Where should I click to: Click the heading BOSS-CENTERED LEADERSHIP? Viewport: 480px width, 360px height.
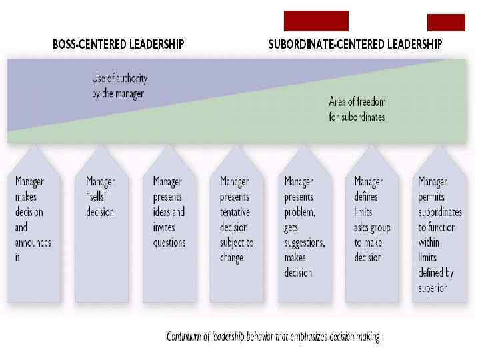coord(119,45)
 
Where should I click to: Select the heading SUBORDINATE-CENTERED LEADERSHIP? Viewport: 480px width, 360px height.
coord(355,45)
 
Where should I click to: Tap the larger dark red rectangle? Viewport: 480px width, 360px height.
coord(316,21)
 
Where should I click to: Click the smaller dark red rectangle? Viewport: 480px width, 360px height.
coord(446,23)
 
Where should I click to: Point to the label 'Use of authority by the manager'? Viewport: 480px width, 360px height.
coord(118,86)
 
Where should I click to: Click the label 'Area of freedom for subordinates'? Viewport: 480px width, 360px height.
coord(357,109)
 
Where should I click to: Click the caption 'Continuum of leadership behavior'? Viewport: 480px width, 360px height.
coord(273,337)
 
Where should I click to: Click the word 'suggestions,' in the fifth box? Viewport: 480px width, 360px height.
coord(305,243)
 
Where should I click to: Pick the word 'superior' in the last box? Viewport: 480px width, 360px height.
coord(433,288)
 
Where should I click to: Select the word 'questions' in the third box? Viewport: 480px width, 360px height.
coord(169,243)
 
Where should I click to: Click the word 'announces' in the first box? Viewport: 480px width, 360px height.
coord(33,243)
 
